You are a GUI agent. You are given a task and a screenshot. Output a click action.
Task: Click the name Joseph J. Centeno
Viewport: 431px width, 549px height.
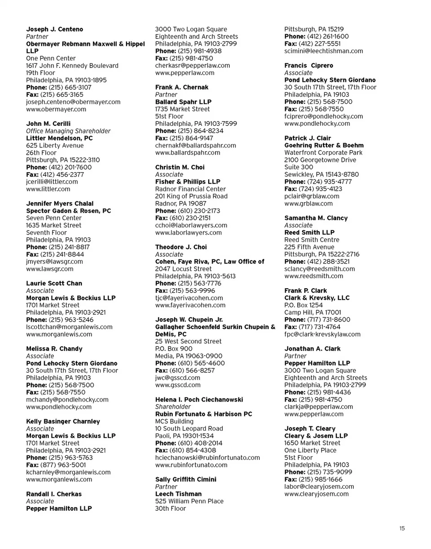click(x=54, y=29)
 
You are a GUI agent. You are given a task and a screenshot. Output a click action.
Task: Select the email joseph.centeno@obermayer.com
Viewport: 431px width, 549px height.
click(x=73, y=102)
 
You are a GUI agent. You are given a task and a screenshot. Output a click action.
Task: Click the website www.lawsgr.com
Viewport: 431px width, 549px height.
click(x=50, y=269)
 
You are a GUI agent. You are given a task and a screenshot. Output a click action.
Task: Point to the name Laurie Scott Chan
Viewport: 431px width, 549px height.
click(x=54, y=284)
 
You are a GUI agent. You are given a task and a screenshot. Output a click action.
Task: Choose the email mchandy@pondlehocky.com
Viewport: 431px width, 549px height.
click(x=67, y=400)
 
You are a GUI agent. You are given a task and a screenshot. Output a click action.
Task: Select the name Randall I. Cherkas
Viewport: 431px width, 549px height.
click(x=54, y=494)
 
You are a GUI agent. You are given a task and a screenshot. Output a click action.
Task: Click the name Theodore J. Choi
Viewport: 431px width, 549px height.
click(x=181, y=247)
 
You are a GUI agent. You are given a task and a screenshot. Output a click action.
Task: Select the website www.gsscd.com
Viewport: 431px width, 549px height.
click(x=178, y=385)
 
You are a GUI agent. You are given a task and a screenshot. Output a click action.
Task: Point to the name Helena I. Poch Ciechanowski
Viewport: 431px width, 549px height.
click(x=199, y=400)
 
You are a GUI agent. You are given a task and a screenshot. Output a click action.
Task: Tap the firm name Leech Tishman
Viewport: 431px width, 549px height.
click(x=178, y=494)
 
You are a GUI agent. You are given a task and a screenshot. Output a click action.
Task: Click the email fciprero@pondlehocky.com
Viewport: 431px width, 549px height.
click(x=324, y=116)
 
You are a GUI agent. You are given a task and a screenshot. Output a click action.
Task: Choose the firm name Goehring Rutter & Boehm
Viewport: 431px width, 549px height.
click(x=324, y=146)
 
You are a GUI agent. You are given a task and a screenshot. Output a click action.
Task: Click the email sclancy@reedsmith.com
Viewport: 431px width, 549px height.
click(x=320, y=269)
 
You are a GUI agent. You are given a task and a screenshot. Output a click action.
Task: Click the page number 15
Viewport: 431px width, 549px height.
click(x=402, y=529)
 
